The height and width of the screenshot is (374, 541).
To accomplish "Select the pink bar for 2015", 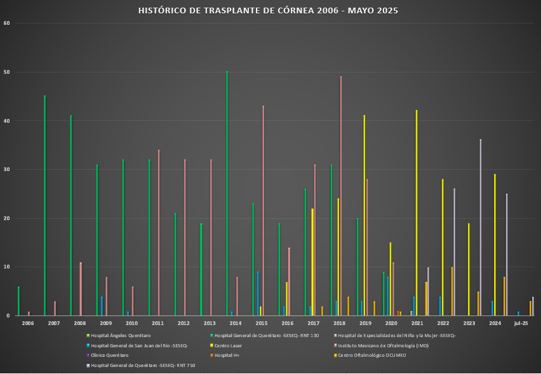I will click(263, 211).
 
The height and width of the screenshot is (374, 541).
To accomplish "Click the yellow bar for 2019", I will click(364, 216).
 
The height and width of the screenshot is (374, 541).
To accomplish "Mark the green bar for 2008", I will click(70, 216).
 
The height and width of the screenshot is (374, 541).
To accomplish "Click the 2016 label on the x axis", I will click(288, 324).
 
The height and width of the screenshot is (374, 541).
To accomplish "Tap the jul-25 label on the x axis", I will click(521, 324).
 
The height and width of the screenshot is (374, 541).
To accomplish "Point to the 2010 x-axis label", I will click(131, 324).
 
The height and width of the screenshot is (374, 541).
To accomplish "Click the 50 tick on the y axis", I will click(8, 72).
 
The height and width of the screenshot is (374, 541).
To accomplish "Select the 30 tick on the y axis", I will click(8, 170).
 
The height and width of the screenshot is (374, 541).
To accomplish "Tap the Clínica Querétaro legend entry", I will click(109, 356).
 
